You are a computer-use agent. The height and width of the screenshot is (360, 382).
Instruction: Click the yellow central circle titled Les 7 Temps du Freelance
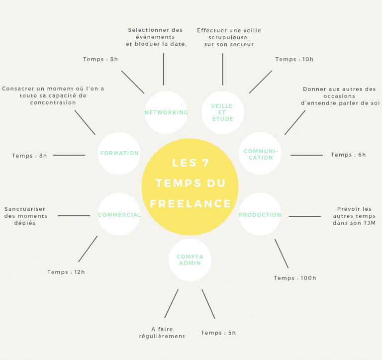190,187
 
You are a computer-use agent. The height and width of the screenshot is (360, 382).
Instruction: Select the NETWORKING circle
166,112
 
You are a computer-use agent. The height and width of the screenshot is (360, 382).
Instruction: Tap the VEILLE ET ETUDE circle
222,112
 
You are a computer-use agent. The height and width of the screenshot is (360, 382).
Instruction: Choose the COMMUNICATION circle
260,154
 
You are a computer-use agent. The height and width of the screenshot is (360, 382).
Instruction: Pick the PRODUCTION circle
260,214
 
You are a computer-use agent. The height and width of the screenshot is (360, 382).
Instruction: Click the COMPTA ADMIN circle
190,260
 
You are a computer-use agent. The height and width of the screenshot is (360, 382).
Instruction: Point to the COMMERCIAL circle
119,214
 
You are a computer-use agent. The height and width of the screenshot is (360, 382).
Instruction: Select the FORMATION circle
119,153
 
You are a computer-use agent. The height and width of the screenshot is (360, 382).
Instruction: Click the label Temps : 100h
295,278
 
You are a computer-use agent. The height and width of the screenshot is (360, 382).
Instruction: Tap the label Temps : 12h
66,272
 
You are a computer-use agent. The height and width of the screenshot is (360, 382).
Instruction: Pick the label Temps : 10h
294,59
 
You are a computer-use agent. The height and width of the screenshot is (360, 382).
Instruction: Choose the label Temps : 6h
348,155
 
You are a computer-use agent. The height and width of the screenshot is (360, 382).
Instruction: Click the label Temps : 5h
218,333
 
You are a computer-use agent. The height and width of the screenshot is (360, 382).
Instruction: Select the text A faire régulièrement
162,333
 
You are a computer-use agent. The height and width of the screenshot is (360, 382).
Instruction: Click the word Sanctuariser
25,209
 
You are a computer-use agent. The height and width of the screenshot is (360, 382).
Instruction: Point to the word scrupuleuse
229,37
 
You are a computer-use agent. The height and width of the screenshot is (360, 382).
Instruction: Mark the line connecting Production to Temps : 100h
282,254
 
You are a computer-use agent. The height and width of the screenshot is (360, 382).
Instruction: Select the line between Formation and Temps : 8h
69,155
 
